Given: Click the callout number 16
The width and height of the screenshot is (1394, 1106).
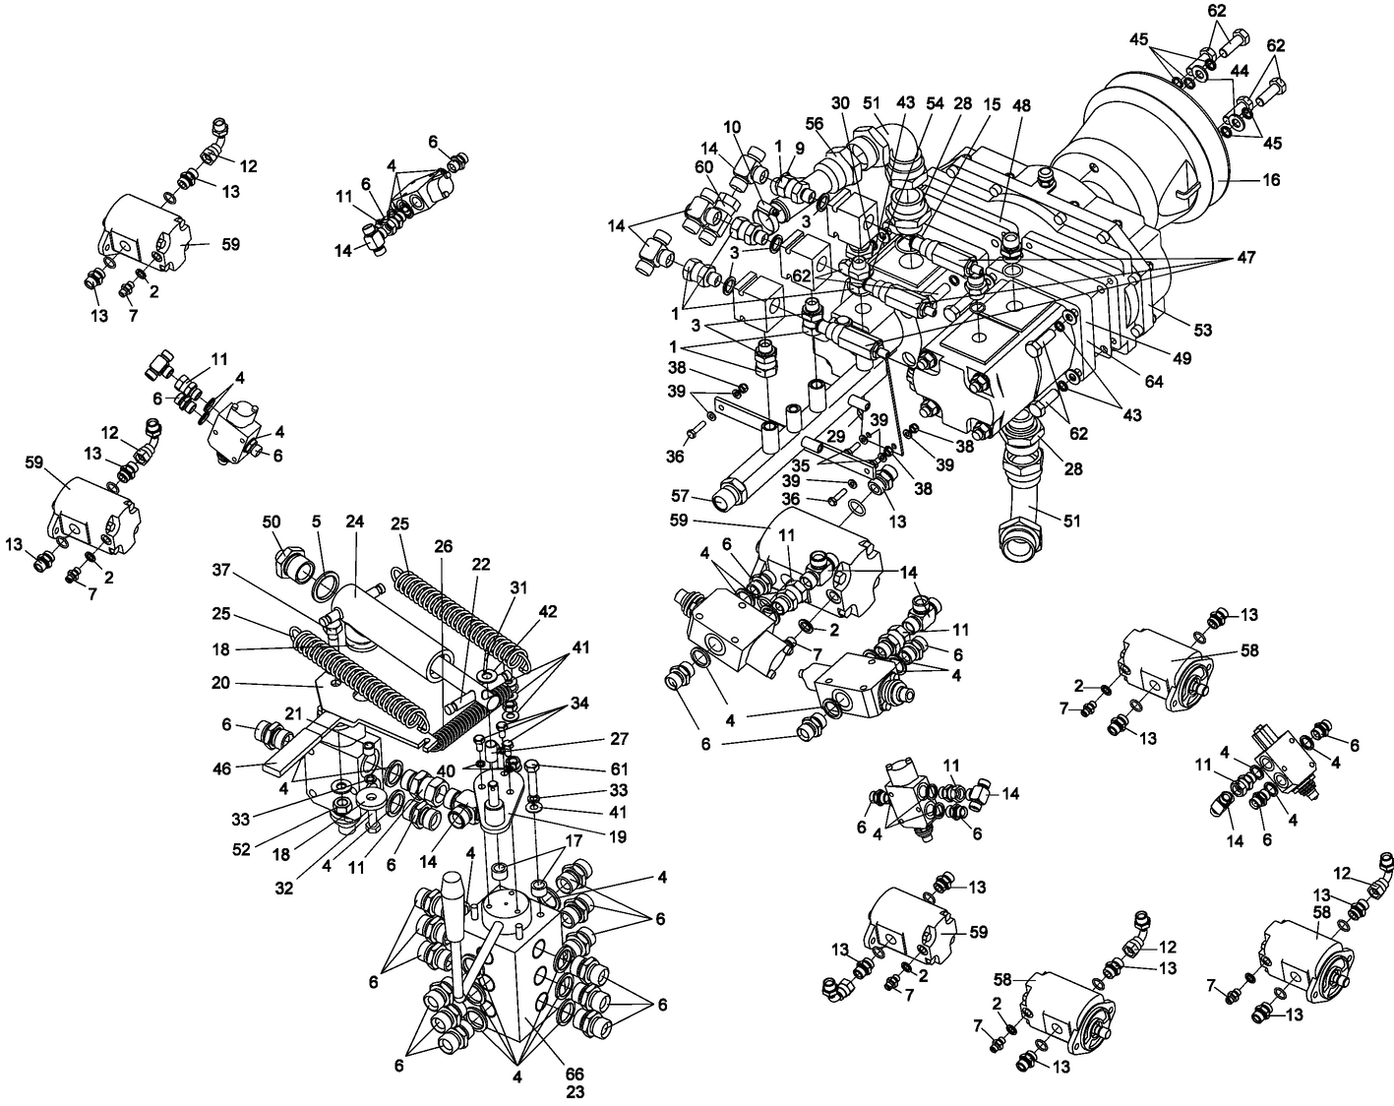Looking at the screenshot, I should coord(1272,181).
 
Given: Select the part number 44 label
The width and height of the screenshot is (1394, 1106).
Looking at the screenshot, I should coord(1240,73).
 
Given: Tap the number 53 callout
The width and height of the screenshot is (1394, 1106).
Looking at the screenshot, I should coord(1202,330).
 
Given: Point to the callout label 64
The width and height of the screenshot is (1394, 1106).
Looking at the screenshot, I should coord(1153,382).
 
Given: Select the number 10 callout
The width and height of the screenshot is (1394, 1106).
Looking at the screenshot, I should coord(733,126).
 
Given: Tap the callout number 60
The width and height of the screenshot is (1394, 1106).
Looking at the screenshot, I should coord(703,167).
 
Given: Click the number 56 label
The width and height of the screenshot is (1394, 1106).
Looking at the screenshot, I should coord(814,123).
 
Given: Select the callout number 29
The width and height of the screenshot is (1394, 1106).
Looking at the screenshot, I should coord(835,435).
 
